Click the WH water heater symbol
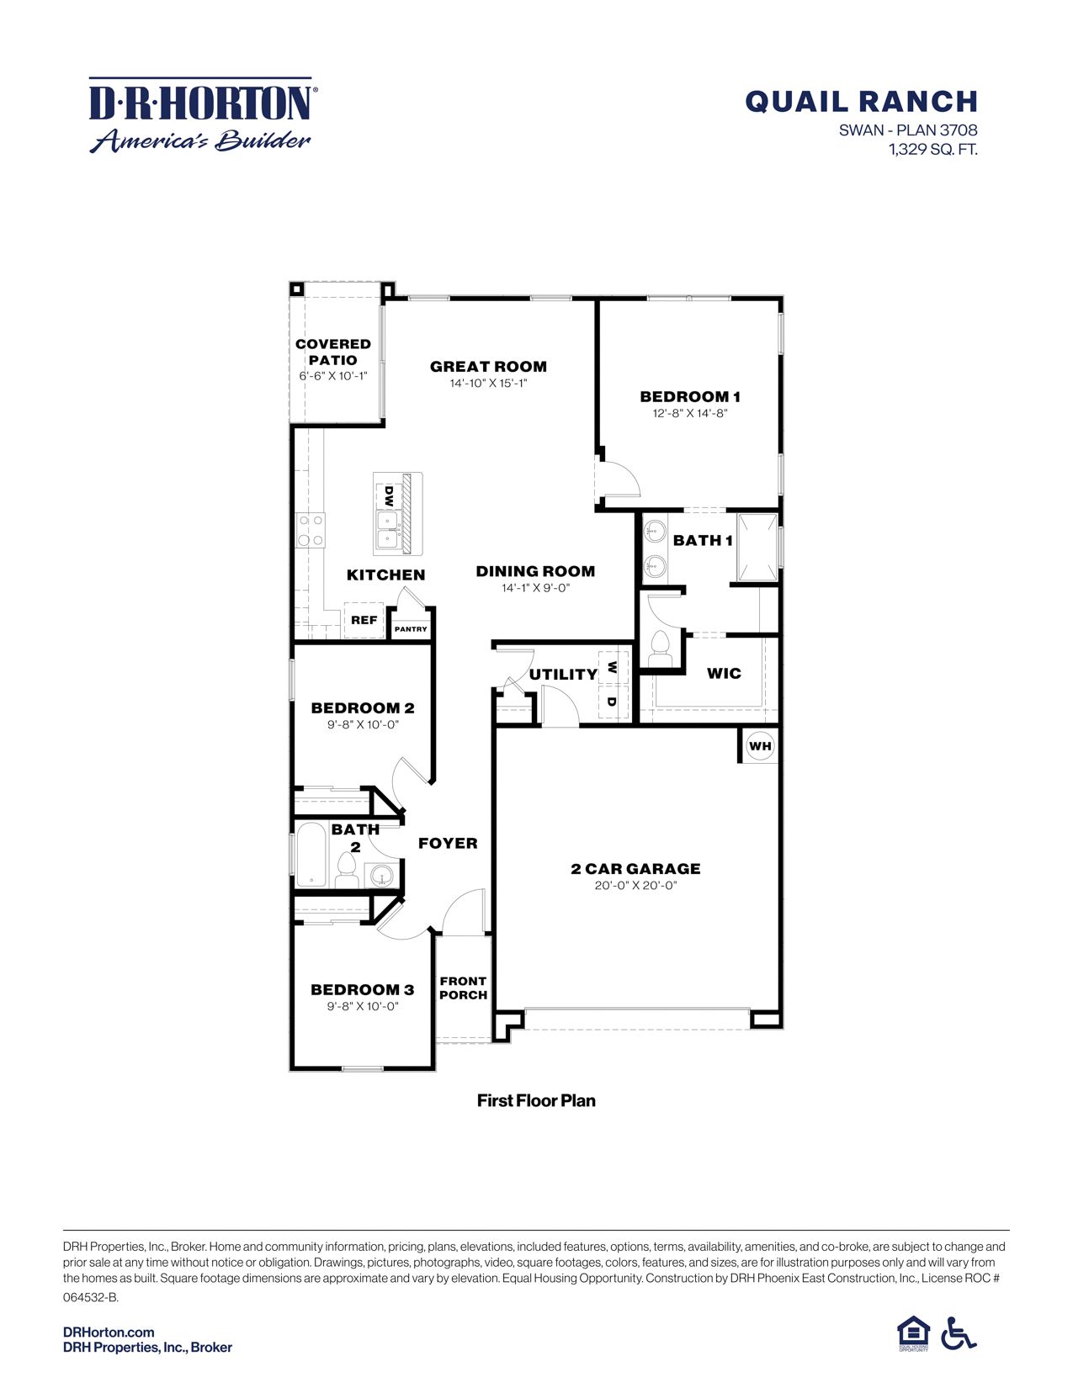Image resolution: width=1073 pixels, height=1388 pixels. [759, 746]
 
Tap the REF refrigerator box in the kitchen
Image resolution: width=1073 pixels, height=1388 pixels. [364, 621]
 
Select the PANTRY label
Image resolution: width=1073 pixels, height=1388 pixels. [411, 629]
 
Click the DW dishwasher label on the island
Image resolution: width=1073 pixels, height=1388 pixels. [389, 495]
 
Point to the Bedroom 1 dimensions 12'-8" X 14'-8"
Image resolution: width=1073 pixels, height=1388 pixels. [689, 413]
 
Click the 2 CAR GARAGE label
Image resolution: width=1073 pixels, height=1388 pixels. [635, 869]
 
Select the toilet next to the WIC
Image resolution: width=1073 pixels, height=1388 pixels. [659, 648]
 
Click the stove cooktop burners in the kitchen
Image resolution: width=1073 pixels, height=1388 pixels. [311, 531]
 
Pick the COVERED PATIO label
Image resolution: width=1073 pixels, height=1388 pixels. [333, 352]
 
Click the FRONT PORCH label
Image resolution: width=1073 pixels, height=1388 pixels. [463, 988]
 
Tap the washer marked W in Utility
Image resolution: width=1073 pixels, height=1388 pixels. [612, 667]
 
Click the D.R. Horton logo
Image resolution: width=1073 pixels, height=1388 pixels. [202, 116]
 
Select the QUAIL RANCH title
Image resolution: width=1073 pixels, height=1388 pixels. [861, 102]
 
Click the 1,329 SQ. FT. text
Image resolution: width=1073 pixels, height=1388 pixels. [932, 150]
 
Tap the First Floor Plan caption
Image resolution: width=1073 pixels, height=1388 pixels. [536, 1100]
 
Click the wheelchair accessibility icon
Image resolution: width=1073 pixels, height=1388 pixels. [959, 1333]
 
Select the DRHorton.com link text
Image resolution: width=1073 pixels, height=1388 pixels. [109, 1332]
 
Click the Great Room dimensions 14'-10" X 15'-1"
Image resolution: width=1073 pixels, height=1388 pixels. [488, 384]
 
